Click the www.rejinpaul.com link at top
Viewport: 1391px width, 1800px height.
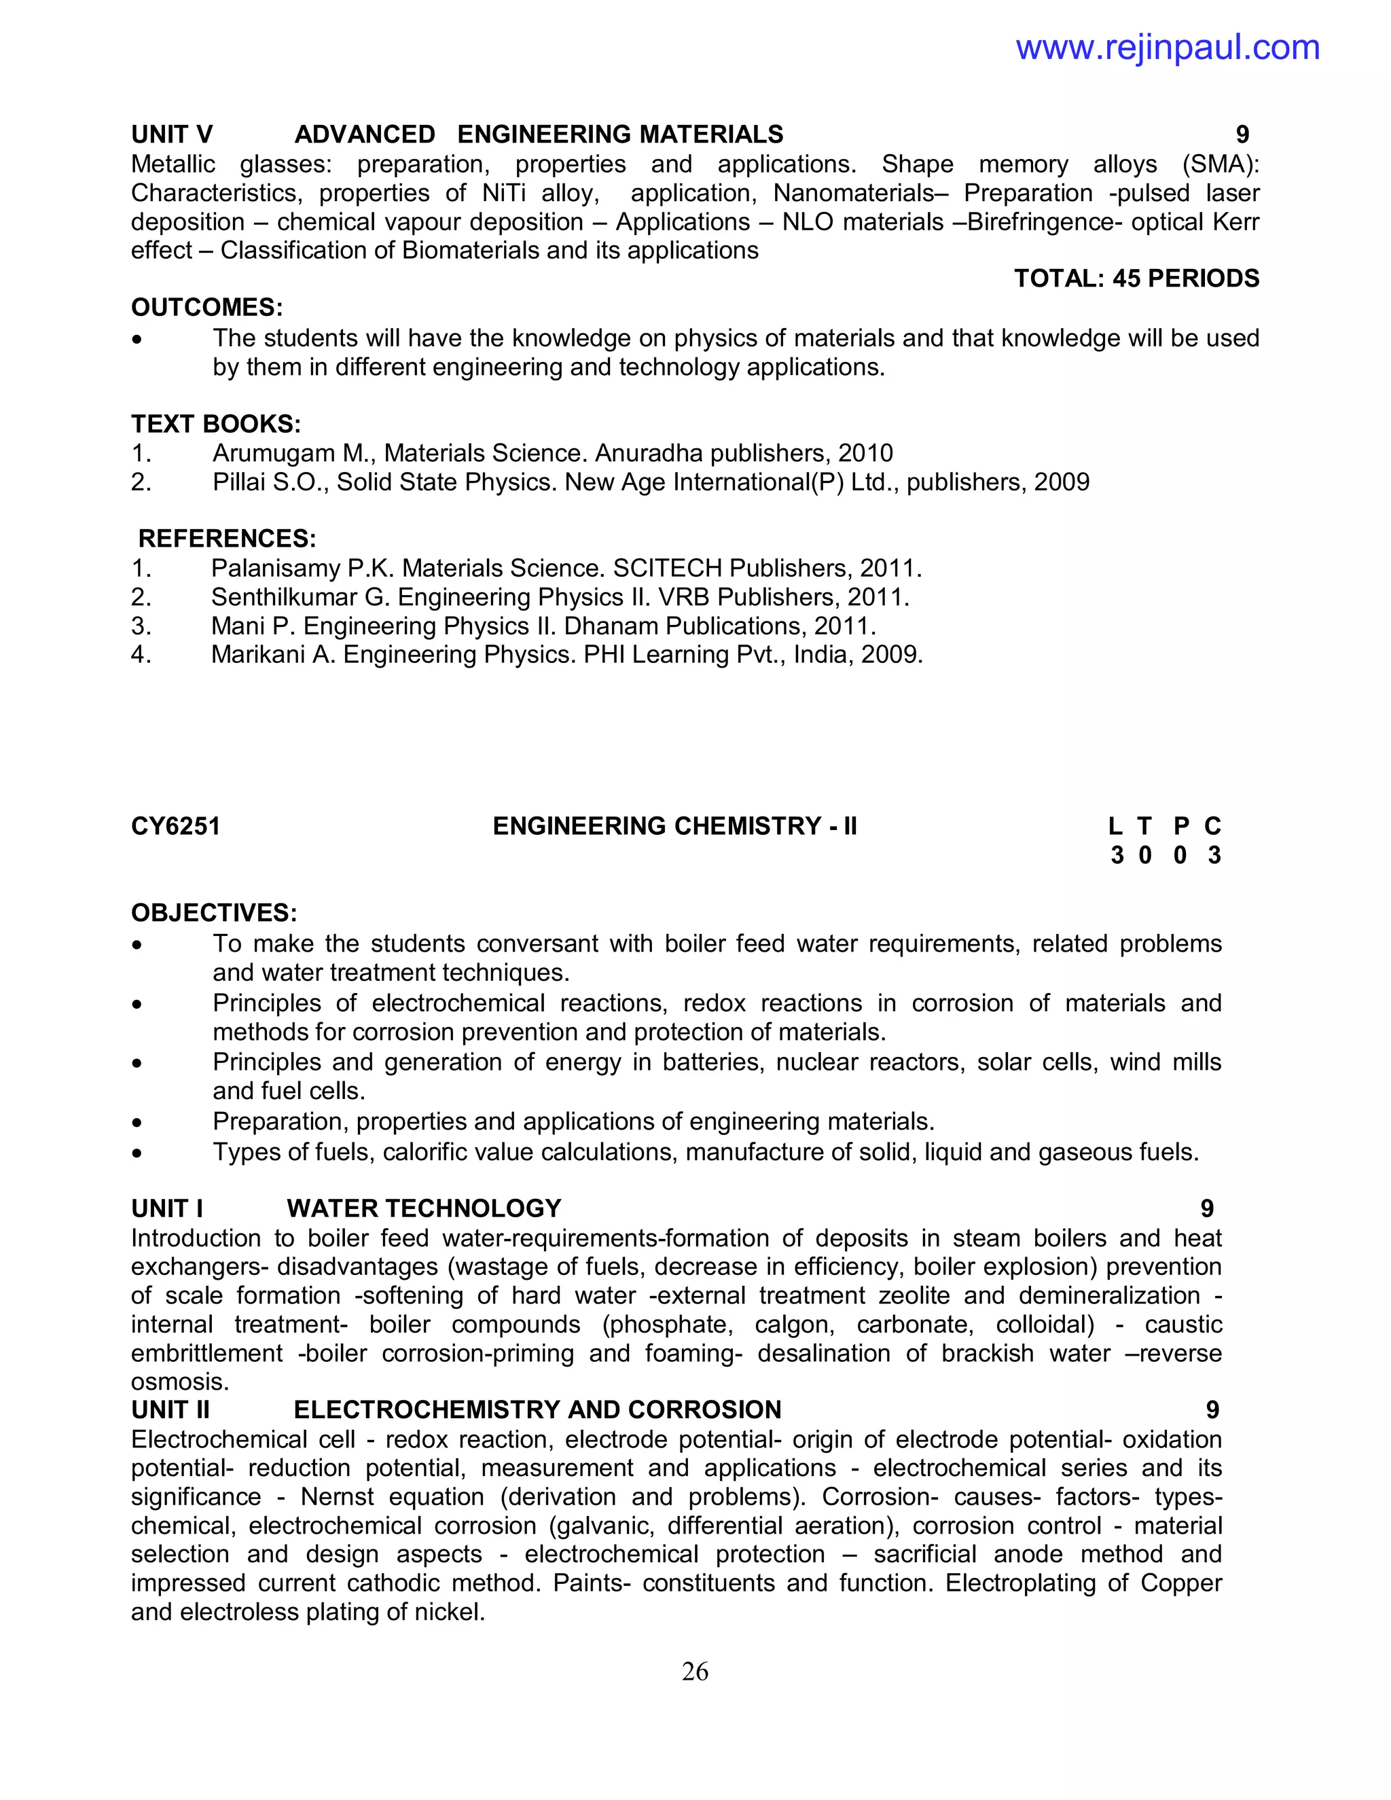pyautogui.click(x=1167, y=48)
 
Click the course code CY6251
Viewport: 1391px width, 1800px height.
pyautogui.click(x=175, y=826)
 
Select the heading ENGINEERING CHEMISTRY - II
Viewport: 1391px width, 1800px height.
pyautogui.click(x=674, y=826)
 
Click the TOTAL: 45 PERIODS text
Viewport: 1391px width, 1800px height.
pyautogui.click(x=1136, y=278)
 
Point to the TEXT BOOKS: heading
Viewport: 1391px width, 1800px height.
pyautogui.click(x=216, y=424)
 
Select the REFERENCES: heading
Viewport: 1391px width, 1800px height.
pyautogui.click(x=227, y=539)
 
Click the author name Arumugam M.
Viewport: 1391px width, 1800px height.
pyautogui.click(x=291, y=453)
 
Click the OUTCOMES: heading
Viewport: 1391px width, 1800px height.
pyautogui.click(x=207, y=308)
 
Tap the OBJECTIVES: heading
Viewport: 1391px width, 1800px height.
pyautogui.click(x=214, y=913)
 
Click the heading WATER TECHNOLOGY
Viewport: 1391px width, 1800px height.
pyautogui.click(x=424, y=1208)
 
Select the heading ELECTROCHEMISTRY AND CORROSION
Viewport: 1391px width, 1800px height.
pyautogui.click(x=537, y=1409)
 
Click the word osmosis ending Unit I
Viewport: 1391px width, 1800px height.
pyautogui.click(x=179, y=1382)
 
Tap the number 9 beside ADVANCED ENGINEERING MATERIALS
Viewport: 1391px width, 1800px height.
pyautogui.click(x=1242, y=134)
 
